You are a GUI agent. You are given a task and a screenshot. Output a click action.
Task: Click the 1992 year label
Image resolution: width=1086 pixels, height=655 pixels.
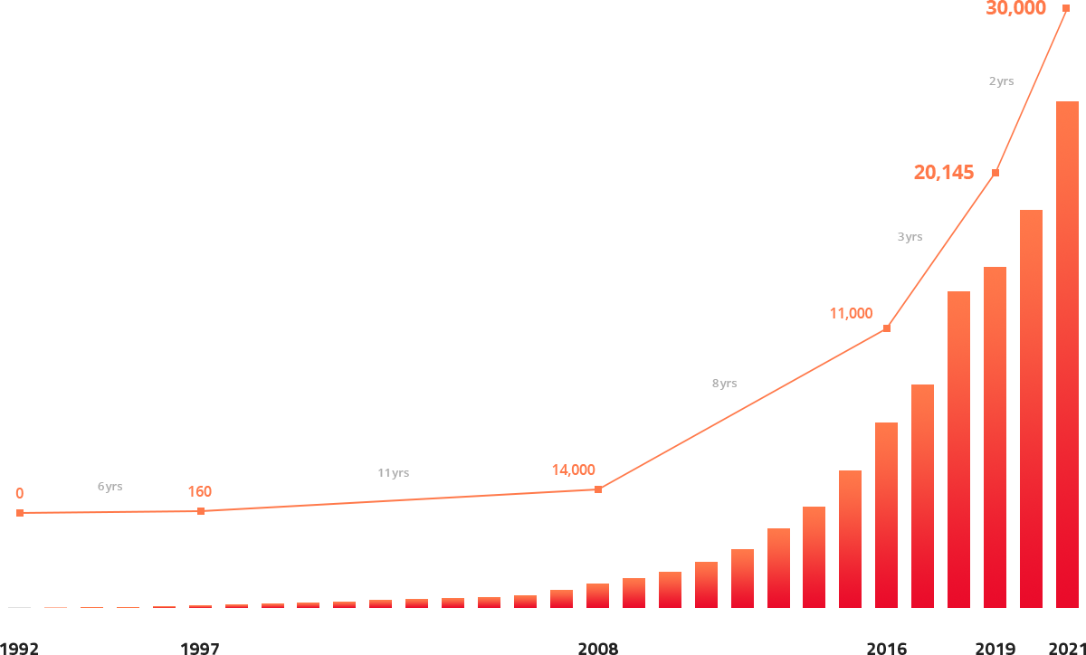click(18, 648)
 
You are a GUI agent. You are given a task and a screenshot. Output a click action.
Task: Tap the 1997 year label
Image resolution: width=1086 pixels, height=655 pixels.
click(200, 648)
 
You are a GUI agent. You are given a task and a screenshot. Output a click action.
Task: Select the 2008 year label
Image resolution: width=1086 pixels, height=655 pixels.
click(597, 648)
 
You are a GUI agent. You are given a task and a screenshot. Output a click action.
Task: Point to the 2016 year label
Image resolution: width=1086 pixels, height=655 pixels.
click(886, 648)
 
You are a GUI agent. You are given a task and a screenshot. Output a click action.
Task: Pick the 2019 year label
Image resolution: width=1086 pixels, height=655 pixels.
click(995, 648)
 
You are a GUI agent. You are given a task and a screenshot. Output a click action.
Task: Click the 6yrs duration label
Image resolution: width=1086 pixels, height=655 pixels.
click(110, 487)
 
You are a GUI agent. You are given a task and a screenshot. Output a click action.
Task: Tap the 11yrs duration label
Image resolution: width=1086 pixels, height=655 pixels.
click(393, 473)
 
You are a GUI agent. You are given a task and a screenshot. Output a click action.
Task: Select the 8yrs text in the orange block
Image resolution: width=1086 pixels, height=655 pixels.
click(724, 384)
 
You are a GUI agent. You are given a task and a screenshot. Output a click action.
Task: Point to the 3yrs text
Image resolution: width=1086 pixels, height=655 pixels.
click(910, 237)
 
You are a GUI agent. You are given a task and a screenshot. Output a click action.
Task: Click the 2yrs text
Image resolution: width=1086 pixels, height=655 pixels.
click(1002, 81)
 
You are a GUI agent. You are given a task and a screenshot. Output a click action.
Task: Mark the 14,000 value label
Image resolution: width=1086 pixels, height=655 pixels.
click(573, 470)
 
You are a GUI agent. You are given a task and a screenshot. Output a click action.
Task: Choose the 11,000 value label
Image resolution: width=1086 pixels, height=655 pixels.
click(851, 314)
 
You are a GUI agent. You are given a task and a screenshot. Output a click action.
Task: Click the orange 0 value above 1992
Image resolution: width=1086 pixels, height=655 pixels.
click(19, 493)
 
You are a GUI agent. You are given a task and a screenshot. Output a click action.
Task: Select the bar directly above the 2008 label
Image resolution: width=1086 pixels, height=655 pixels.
click(597, 595)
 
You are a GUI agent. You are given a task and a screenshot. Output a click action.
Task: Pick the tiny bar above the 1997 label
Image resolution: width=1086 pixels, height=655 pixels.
click(200, 606)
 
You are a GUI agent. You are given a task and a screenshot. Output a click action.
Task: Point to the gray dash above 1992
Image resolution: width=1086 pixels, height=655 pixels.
click(19, 607)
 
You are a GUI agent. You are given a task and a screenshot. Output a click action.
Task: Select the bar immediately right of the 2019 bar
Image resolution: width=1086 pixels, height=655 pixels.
click(1031, 407)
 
